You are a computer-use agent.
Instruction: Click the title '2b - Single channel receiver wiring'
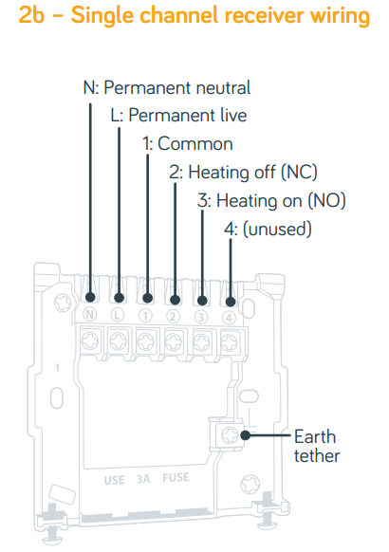click(x=194, y=15)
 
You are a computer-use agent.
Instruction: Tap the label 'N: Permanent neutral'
click(x=167, y=87)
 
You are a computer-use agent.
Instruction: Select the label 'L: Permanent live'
click(x=178, y=116)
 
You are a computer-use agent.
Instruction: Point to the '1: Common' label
click(x=187, y=143)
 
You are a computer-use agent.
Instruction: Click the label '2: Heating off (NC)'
click(x=243, y=173)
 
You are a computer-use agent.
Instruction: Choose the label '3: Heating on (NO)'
click(x=271, y=201)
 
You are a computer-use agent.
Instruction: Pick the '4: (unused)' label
click(x=268, y=230)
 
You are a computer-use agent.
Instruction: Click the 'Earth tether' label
click(x=317, y=446)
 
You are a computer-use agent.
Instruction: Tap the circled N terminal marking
click(x=90, y=314)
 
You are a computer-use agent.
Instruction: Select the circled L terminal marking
click(x=118, y=315)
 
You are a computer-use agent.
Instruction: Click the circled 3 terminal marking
click(x=201, y=317)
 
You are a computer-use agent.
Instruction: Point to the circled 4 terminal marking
click(x=229, y=318)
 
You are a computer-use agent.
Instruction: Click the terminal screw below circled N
click(x=90, y=340)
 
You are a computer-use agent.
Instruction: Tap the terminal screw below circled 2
click(x=174, y=341)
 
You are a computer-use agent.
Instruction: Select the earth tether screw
click(x=230, y=435)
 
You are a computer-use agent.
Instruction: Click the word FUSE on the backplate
click(x=176, y=478)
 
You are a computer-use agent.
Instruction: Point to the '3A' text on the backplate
click(x=143, y=479)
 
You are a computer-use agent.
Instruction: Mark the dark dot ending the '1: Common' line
click(x=147, y=298)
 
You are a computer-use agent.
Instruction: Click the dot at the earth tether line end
click(x=246, y=435)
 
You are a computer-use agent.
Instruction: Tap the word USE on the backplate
click(x=114, y=480)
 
